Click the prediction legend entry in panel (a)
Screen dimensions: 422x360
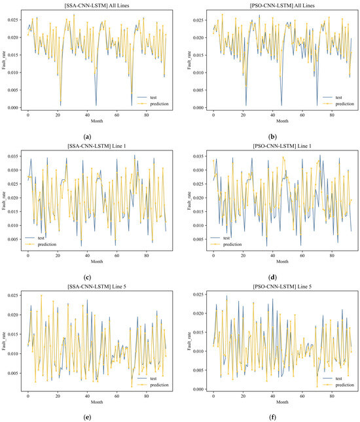158,103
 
